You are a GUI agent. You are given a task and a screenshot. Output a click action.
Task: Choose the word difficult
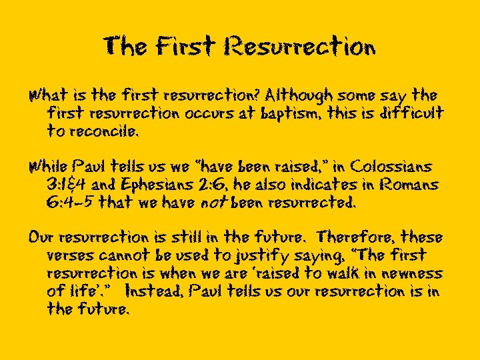coord(407,114)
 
